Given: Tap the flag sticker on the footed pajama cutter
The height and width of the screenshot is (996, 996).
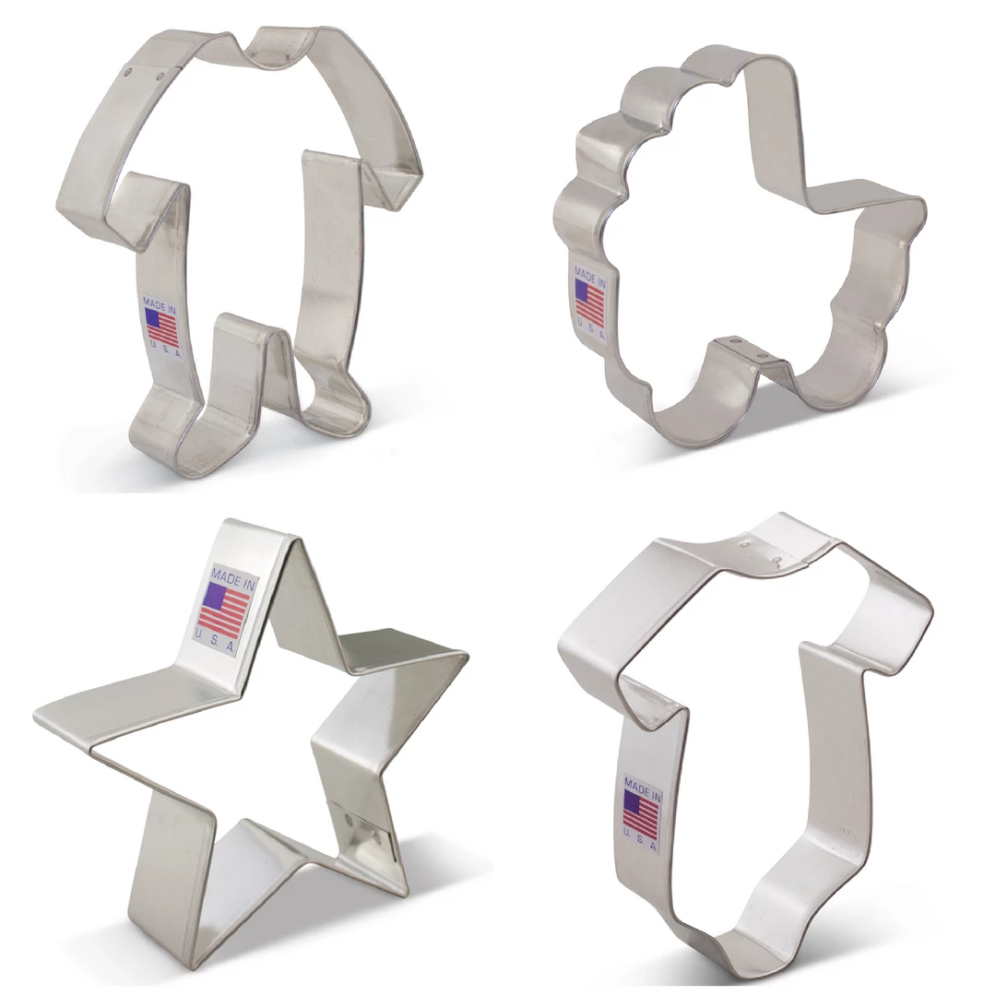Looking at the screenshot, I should tap(162, 326).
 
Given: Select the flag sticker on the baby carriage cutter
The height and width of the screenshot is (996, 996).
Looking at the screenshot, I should tap(589, 300).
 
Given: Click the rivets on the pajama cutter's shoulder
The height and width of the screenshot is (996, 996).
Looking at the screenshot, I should tap(143, 71).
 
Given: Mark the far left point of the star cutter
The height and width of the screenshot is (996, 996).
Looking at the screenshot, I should tap(46, 715).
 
